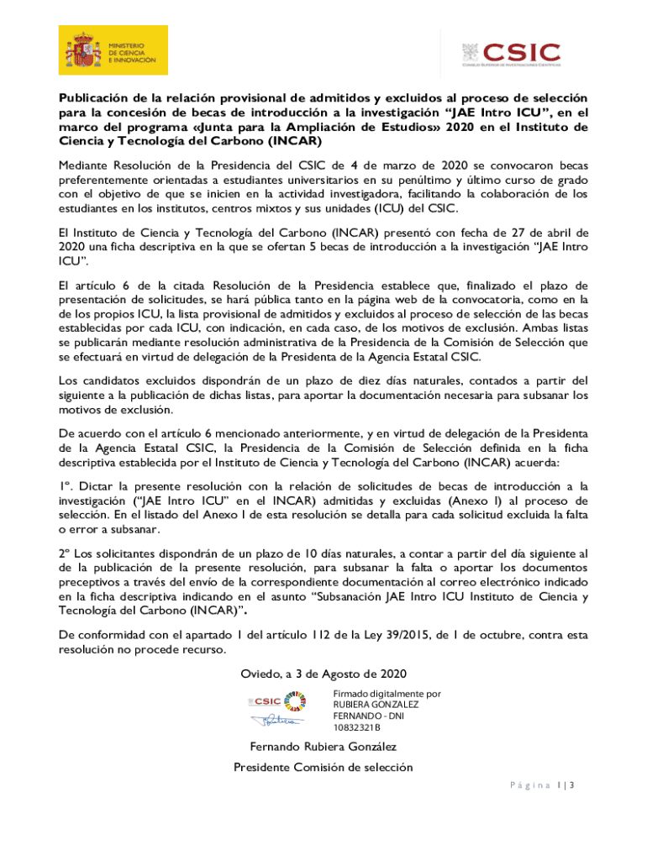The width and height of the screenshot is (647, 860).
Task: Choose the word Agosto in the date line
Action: [355, 674]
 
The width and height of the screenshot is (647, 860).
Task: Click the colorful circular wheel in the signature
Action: [296, 700]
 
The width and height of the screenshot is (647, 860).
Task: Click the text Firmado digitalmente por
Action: [387, 694]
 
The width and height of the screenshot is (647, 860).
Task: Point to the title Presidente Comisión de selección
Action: [323, 768]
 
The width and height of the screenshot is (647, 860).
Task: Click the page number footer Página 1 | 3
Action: [540, 786]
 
